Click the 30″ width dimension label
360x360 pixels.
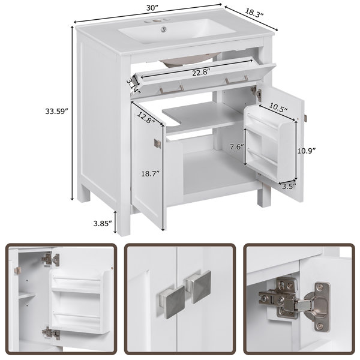click(x=152, y=8)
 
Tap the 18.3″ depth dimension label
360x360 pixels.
click(x=254, y=12)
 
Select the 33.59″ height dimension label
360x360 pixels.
click(x=56, y=112)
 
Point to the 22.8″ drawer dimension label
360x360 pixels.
click(x=202, y=73)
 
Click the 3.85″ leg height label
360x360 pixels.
click(x=103, y=223)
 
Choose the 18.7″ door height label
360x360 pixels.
click(x=150, y=173)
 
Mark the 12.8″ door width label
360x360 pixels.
click(x=146, y=118)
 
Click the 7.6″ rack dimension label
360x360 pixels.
click(x=237, y=146)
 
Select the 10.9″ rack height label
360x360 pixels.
click(x=307, y=151)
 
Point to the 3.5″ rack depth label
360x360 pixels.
click(x=289, y=186)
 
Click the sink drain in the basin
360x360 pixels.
click(x=164, y=29)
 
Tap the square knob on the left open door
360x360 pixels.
click(x=157, y=143)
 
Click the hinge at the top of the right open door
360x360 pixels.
click(x=256, y=92)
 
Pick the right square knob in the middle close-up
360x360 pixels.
click(x=199, y=287)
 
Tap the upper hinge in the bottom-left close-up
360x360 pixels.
click(x=50, y=259)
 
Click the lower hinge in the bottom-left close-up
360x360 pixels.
click(x=51, y=333)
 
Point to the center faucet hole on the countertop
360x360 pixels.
click(x=157, y=22)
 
